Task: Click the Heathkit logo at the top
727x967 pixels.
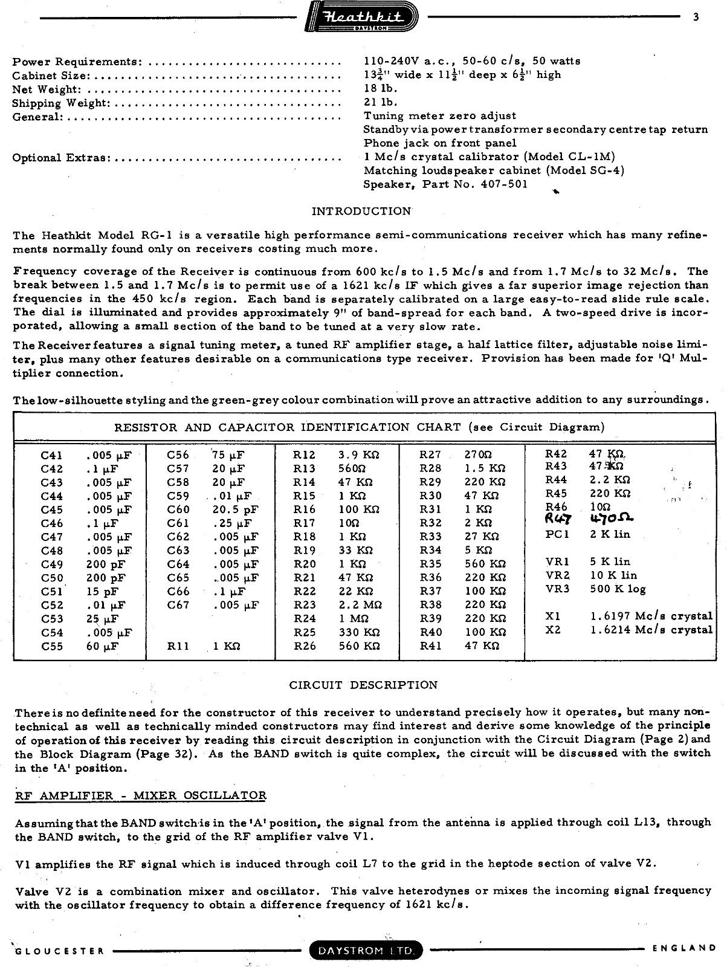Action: coord(362,18)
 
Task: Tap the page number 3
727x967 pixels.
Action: coord(696,18)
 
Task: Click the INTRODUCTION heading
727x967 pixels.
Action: coord(361,212)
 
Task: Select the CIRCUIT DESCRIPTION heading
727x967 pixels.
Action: coord(363,685)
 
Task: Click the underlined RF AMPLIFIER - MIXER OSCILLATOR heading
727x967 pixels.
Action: coord(140,795)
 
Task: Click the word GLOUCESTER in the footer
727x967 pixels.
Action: coord(59,951)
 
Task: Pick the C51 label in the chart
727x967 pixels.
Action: coord(52,591)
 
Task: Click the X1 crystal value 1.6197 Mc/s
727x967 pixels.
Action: coord(651,616)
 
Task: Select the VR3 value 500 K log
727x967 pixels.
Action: coord(618,589)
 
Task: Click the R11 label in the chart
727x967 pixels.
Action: coord(178,646)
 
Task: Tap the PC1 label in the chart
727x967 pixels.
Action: coord(557,534)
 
